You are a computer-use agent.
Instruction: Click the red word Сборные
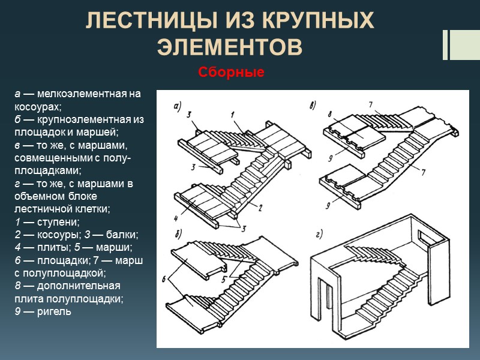pyautogui.click(x=232, y=73)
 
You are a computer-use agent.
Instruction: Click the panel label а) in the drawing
pyautogui.click(x=178, y=107)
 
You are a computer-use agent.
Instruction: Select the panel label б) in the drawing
pyautogui.click(x=178, y=233)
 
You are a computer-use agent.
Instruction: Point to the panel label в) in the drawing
pyautogui.click(x=313, y=107)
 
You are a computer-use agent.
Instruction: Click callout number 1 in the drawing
pyautogui.click(x=232, y=114)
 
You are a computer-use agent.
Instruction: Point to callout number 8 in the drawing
pyautogui.click(x=331, y=114)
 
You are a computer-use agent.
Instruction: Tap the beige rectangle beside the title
pyautogui.click(x=465, y=45)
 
